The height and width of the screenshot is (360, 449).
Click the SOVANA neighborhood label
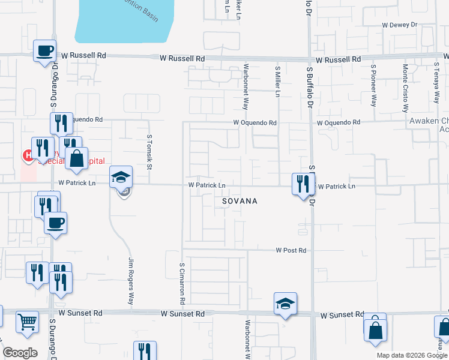click(x=240, y=201)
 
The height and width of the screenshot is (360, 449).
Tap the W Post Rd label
click(x=291, y=250)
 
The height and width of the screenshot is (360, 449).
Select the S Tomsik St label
click(x=149, y=145)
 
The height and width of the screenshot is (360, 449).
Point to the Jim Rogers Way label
click(x=130, y=281)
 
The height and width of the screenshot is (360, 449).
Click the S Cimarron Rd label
click(x=182, y=282)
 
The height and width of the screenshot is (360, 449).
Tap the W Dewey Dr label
click(x=399, y=25)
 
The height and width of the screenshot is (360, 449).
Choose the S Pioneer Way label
click(x=373, y=85)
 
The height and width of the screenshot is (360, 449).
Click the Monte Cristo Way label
click(x=406, y=88)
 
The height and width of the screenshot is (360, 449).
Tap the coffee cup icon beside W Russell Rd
click(x=44, y=50)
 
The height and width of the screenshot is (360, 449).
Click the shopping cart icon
click(x=27, y=322)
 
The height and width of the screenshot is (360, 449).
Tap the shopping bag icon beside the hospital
click(x=76, y=158)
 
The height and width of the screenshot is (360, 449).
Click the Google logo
click(x=20, y=353)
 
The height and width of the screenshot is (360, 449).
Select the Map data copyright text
click(x=412, y=355)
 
